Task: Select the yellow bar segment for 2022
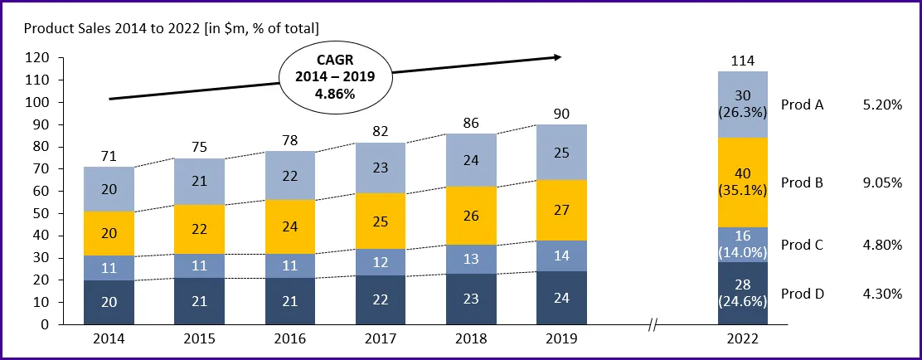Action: point(742,182)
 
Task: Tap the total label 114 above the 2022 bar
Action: point(742,61)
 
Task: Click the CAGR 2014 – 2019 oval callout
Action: point(334,76)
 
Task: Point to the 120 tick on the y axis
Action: point(38,58)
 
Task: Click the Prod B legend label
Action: point(801,182)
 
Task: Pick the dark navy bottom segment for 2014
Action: point(109,303)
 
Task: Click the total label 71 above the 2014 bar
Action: point(109,155)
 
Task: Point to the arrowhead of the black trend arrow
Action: point(558,57)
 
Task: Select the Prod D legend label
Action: point(801,293)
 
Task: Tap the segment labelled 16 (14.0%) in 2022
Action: point(742,245)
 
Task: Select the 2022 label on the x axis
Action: point(742,339)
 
